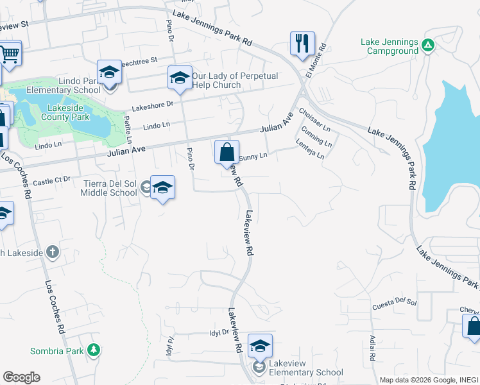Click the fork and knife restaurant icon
302,44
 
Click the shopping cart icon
9,54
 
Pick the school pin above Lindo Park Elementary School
110,72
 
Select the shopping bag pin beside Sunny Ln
227,153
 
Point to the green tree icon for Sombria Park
94,350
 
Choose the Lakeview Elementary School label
306,372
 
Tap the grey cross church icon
53,252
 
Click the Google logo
21,377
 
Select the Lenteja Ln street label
311,151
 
